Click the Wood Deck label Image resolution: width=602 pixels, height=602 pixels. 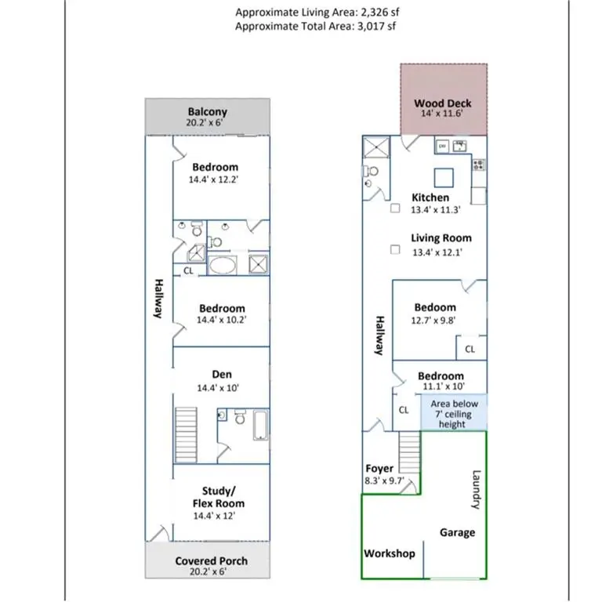click(443, 103)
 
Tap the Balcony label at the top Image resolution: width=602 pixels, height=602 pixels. click(207, 112)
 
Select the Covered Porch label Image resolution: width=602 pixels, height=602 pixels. click(211, 561)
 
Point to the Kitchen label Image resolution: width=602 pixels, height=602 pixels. click(430, 198)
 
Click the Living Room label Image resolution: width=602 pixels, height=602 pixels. click(441, 238)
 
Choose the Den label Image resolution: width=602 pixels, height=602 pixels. click(222, 375)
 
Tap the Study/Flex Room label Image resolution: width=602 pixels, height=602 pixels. click(218, 497)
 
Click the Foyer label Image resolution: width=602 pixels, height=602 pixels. click(379, 469)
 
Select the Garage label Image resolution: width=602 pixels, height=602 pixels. click(457, 532)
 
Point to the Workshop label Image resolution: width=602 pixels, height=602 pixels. click(389, 553)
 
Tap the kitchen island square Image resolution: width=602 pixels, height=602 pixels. click(444, 175)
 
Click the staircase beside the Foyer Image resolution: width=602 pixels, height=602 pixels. click(410, 451)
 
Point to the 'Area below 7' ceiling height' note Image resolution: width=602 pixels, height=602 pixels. click(453, 414)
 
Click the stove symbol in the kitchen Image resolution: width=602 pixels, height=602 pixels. click(478, 165)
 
